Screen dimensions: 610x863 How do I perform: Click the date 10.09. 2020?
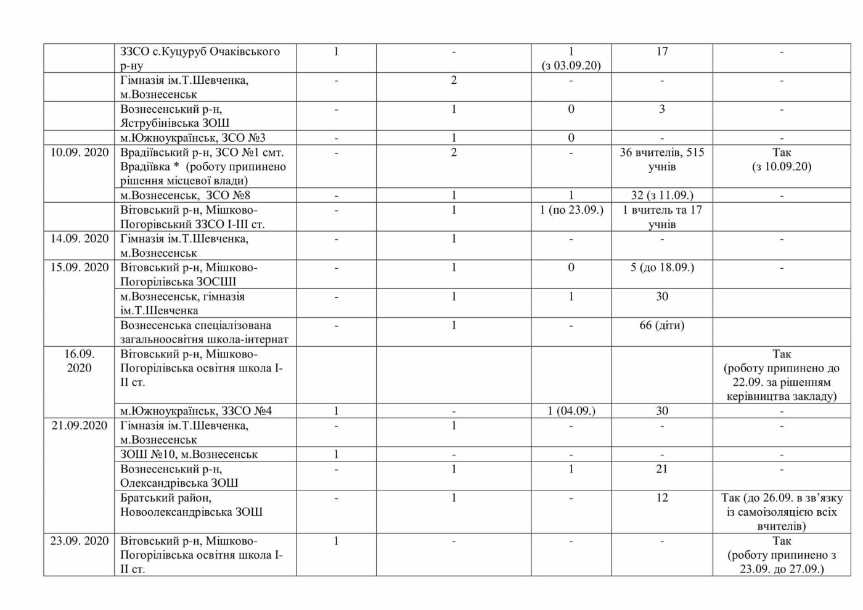pyautogui.click(x=79, y=152)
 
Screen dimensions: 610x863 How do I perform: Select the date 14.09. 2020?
pyautogui.click(x=79, y=238)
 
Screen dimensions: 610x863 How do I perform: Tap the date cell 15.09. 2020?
pyautogui.click(x=79, y=267)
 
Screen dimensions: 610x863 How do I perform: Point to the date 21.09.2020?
pyautogui.click(x=79, y=426)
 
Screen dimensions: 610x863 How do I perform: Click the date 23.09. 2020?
pyautogui.click(x=79, y=541)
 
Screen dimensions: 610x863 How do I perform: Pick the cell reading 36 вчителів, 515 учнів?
pyautogui.click(x=661, y=160)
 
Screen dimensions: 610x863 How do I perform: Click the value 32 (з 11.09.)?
pyautogui.click(x=661, y=195)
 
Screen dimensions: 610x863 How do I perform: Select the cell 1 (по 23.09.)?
pyautogui.click(x=571, y=210)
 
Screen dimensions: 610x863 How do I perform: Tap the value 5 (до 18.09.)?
pyautogui.click(x=661, y=267)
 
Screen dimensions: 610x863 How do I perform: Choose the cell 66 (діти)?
pyautogui.click(x=661, y=325)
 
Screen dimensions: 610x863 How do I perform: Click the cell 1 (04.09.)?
pyautogui.click(x=571, y=411)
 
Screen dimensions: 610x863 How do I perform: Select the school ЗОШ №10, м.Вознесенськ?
pyautogui.click(x=189, y=455)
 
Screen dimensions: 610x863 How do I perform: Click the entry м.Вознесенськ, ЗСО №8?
pyautogui.click(x=185, y=195)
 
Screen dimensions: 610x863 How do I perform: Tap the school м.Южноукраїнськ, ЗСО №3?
pyautogui.click(x=192, y=138)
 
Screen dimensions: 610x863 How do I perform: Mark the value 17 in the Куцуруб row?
pyautogui.click(x=661, y=52)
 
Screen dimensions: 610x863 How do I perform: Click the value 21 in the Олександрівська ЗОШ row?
pyautogui.click(x=661, y=469)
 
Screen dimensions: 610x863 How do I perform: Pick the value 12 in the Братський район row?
pyautogui.click(x=661, y=498)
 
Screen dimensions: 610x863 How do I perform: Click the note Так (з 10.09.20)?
pyautogui.click(x=781, y=160)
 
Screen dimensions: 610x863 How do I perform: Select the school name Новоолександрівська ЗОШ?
pyautogui.click(x=191, y=512)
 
